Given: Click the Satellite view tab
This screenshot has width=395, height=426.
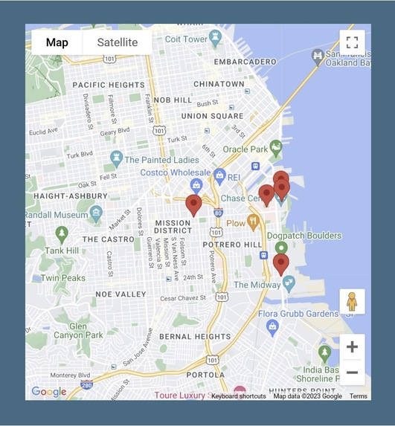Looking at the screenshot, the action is tap(118, 42).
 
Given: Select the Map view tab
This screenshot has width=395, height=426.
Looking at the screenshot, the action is tap(57, 42).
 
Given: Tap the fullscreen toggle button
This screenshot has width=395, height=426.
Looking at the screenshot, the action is tap(352, 42).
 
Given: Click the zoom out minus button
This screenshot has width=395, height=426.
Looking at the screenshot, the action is tap(352, 372).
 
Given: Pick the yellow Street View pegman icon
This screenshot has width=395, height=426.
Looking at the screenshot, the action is tap(352, 303).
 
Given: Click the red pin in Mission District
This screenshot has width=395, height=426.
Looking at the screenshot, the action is tap(193, 205).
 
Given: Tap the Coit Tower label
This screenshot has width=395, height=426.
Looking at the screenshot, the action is tap(186, 39).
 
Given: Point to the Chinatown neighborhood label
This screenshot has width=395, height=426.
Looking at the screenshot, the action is tap(219, 84).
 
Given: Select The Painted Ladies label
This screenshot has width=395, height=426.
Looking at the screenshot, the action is tap(161, 159).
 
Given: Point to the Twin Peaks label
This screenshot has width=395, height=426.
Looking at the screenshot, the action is tap(63, 278).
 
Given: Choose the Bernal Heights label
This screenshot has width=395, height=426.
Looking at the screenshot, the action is tap(196, 337).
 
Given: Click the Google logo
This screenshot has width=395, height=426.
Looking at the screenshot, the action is tap(48, 392).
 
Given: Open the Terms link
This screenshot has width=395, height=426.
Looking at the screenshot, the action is tap(358, 396).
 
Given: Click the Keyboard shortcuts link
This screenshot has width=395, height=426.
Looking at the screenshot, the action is tap(238, 396).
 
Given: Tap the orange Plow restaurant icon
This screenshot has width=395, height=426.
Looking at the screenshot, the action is tap(254, 222).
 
